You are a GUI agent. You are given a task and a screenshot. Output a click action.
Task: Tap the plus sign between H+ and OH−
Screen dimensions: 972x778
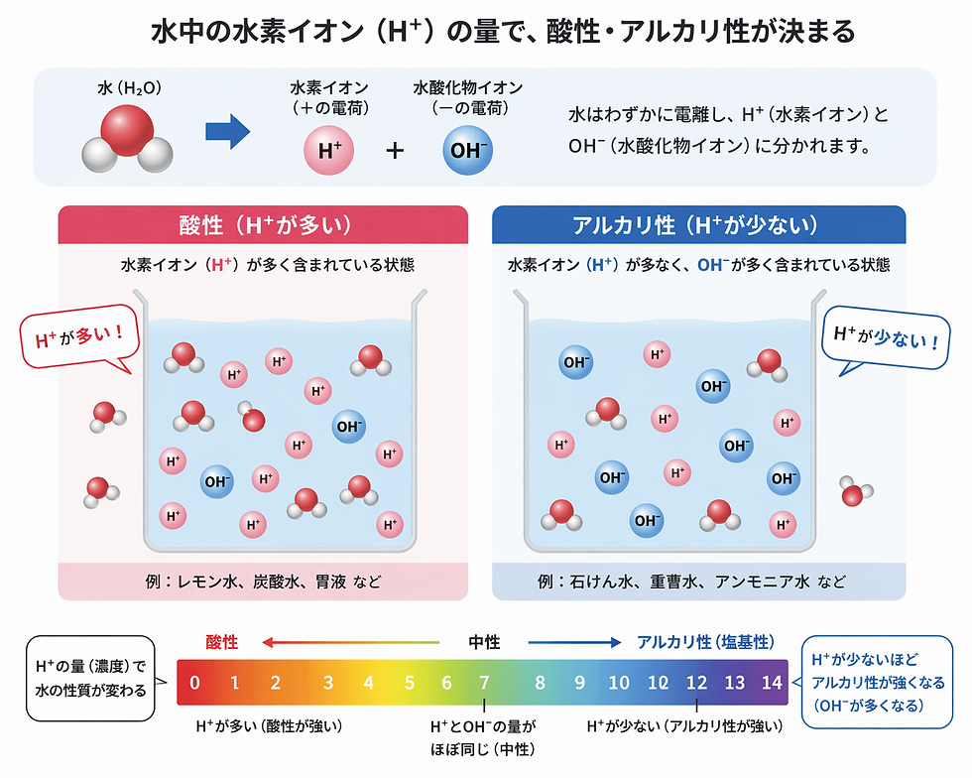point(396,151)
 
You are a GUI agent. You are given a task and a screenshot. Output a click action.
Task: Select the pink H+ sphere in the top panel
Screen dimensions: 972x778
point(329,151)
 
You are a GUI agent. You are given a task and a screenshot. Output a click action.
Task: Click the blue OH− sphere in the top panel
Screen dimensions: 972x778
point(466,151)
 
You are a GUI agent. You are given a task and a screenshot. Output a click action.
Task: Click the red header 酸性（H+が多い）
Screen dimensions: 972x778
point(263,224)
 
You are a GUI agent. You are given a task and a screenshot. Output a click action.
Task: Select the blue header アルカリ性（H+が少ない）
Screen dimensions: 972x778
point(698,224)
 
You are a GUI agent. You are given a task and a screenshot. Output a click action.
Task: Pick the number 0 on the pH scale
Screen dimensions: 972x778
point(195,683)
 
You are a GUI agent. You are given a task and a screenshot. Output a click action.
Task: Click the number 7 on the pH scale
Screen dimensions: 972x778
point(484,683)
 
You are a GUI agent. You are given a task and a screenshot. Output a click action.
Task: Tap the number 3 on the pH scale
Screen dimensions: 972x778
point(327,683)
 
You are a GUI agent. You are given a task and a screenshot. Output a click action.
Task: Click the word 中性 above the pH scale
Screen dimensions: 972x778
point(484,642)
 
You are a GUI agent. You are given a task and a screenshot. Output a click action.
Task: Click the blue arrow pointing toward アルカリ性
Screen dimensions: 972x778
point(575,642)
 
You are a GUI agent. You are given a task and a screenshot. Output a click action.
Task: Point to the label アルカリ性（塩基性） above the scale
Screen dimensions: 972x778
point(705,642)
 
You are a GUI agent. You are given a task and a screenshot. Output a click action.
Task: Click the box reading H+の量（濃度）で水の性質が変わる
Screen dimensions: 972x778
point(90,678)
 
